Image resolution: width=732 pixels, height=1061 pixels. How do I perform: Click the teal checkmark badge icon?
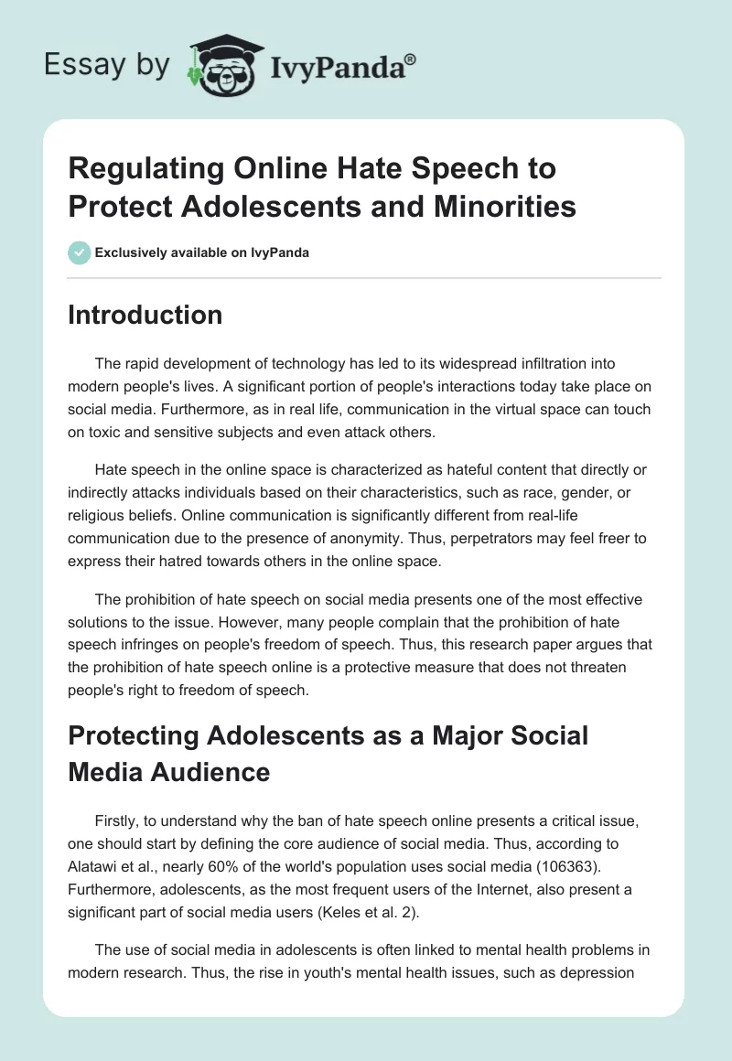[79, 252]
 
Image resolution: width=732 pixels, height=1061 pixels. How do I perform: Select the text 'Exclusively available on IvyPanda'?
[202, 253]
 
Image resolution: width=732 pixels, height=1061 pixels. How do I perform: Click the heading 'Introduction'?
[145, 315]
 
